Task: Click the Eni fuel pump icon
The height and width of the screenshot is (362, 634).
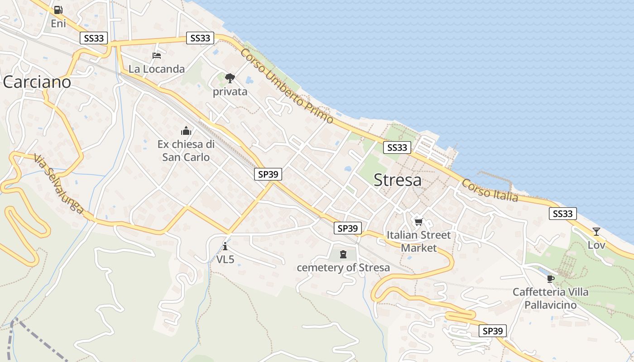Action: point(58,10)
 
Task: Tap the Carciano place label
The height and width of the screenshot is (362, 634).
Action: point(37,82)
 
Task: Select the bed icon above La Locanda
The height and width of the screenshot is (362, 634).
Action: point(157,56)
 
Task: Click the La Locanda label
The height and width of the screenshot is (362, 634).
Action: point(157,69)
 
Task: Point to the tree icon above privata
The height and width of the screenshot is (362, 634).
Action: point(230,78)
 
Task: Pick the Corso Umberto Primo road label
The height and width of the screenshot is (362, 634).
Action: point(287,86)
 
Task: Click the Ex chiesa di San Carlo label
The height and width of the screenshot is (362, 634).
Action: point(186,151)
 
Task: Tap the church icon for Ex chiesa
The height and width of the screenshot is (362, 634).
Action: point(186,131)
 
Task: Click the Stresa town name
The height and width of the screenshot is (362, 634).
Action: point(398,180)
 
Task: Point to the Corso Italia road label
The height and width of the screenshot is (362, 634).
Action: point(490,190)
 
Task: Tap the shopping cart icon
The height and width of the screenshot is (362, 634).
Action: point(419,222)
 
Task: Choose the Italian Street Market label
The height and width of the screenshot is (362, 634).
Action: point(419,241)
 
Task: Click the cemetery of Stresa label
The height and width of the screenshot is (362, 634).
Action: point(343,267)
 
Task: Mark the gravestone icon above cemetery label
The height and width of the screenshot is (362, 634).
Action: point(343,254)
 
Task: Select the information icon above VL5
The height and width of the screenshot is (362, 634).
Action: point(225,246)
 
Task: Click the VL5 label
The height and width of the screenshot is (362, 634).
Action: point(225,259)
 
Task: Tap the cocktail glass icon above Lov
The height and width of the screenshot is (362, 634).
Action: point(596,232)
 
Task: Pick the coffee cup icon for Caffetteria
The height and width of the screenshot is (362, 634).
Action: point(550,279)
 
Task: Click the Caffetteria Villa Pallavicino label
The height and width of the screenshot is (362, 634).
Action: point(550,298)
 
